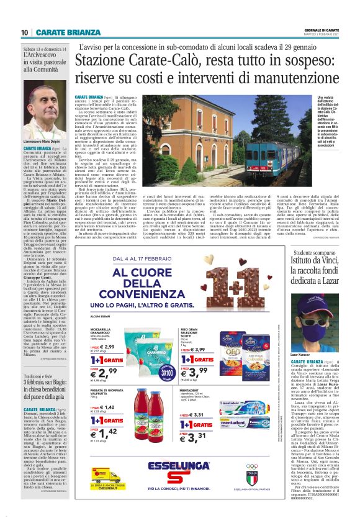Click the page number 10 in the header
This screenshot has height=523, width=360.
24,32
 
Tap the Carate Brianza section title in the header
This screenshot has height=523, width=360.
61,32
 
